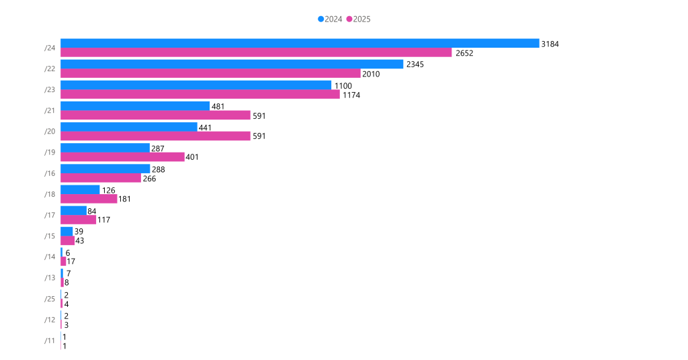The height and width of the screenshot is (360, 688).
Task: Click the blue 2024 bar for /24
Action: [299, 43]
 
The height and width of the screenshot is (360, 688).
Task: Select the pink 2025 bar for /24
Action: [255, 52]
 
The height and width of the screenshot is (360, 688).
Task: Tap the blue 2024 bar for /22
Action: [231, 64]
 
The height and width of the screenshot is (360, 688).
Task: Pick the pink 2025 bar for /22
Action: [210, 74]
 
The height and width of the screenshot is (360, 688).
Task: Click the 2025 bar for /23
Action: [200, 95]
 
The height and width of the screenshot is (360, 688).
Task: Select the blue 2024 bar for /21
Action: [134, 105]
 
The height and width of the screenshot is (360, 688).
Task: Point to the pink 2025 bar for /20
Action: [155, 136]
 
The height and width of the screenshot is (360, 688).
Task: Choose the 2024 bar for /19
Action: [104, 148]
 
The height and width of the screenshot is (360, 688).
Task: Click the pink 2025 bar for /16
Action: [100, 178]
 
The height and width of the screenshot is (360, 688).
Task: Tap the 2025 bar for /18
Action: [88, 199]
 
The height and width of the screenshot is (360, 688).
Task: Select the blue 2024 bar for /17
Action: [73, 210]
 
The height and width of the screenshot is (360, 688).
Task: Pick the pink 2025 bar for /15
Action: [67, 241]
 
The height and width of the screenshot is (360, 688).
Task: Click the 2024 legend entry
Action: [331, 19]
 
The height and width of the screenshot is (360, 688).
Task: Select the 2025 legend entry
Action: [359, 19]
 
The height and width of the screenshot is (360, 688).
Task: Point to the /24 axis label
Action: [50, 48]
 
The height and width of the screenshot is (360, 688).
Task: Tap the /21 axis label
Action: [50, 110]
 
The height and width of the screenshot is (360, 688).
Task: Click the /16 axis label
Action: [50, 173]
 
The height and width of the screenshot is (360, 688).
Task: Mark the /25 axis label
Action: [50, 299]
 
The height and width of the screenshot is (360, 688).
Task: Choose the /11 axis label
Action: [50, 341]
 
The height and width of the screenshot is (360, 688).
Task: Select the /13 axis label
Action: [50, 278]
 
